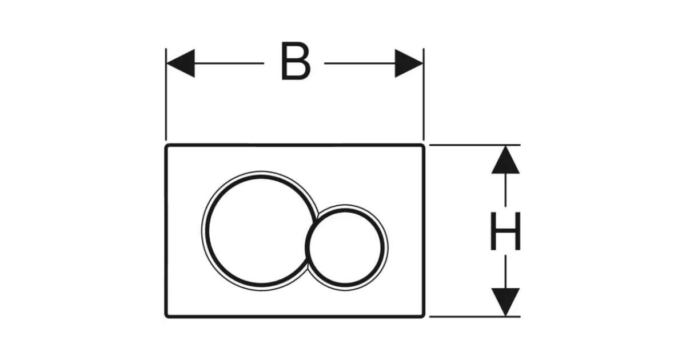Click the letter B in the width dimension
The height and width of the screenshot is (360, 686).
296,62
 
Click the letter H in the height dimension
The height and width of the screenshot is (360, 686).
506,231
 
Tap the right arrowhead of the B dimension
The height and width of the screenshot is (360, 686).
409,63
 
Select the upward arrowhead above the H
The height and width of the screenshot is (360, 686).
506,160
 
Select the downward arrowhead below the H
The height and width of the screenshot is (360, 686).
506,302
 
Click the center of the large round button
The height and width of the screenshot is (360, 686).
256,230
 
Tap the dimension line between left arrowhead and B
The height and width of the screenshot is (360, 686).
229,63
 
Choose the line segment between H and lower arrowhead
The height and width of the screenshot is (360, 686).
506,271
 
